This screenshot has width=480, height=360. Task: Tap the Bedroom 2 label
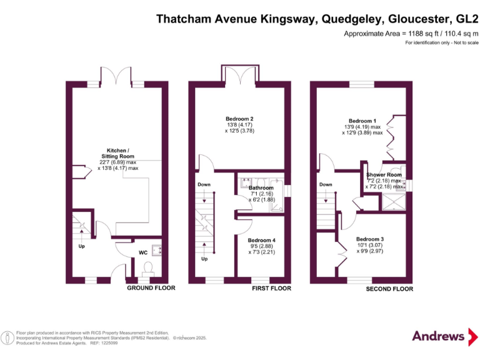[x=239, y=118]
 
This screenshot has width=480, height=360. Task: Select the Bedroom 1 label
[x=362, y=121]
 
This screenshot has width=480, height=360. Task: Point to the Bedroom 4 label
[x=261, y=240]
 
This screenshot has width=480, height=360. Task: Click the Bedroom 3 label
[x=370, y=239]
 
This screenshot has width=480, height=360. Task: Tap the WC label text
[x=143, y=253]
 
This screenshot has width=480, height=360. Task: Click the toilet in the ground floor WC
[x=149, y=269]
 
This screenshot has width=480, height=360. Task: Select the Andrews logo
[x=439, y=336]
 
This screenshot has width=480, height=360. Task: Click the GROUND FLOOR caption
[x=151, y=289]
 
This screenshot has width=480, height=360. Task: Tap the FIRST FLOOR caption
[x=272, y=289]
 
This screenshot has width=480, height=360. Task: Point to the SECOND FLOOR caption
[x=389, y=289]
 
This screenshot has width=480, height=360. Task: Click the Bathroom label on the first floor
[x=261, y=187]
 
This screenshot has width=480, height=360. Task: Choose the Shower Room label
[x=384, y=175]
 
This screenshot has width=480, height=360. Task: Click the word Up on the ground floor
[x=81, y=246]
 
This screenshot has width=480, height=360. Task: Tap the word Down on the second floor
[x=326, y=184]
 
